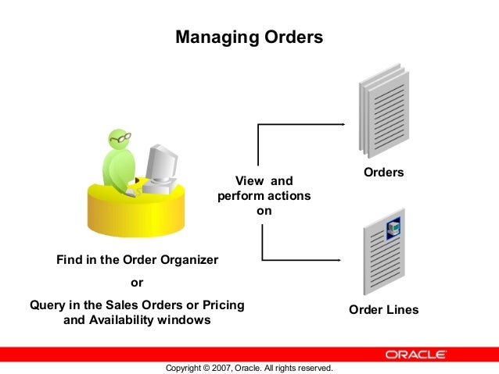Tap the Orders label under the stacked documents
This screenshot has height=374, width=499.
(x=383, y=172)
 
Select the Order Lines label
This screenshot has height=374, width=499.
(x=383, y=310)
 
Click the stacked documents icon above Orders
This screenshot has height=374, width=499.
(x=383, y=113)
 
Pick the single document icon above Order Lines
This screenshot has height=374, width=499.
(x=383, y=254)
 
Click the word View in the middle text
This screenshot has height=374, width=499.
(x=249, y=181)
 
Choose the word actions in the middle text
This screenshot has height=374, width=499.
(x=289, y=195)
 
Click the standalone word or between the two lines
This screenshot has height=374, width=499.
(x=136, y=283)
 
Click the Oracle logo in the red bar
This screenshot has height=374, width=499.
(x=416, y=354)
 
